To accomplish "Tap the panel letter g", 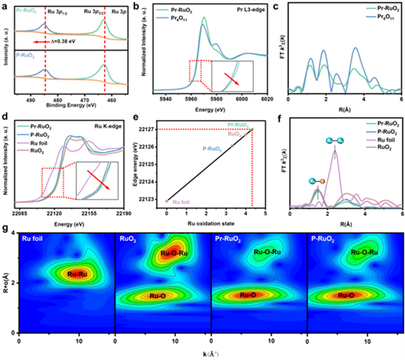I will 5,230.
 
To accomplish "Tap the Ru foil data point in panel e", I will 167,201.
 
